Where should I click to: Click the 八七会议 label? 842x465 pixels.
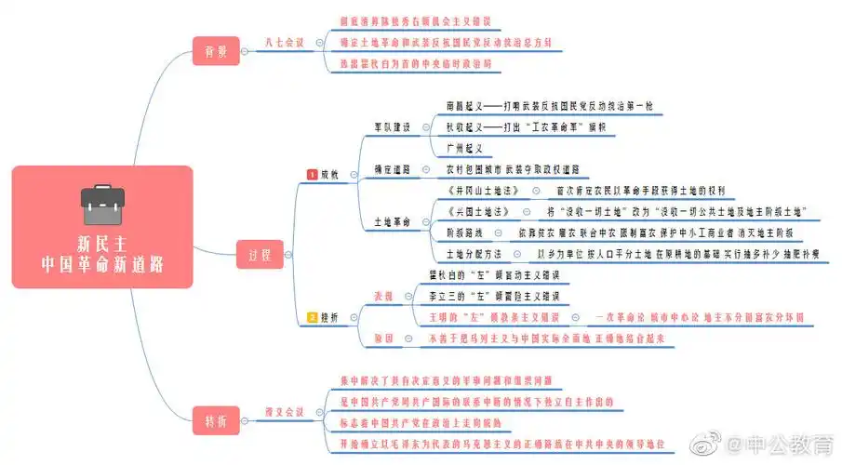(x=284, y=42)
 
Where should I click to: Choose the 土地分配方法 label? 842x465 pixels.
(x=474, y=254)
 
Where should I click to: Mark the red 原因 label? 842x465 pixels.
(x=383, y=339)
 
